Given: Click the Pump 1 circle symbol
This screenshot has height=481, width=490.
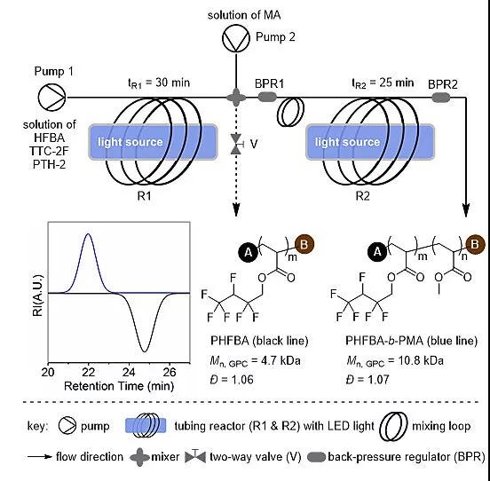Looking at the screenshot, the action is [51, 97].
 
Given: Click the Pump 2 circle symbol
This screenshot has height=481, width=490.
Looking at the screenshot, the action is [236, 38].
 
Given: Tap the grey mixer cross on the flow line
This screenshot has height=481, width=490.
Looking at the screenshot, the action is [236, 97].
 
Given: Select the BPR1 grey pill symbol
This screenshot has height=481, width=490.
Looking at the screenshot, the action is [267, 97].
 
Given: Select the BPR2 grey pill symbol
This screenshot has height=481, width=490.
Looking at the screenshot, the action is [441, 98].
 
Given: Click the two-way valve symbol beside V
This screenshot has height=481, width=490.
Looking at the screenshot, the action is [236, 144].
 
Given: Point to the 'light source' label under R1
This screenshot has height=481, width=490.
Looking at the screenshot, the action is [130, 142].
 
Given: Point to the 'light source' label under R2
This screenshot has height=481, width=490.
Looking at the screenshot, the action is [347, 142].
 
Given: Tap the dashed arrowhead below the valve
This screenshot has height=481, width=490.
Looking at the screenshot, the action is [236, 210].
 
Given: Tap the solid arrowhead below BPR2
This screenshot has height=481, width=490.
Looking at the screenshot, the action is [466, 210].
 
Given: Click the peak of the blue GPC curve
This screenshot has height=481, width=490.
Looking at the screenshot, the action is [88, 233].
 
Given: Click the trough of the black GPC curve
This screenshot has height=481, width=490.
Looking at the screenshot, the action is [144, 351].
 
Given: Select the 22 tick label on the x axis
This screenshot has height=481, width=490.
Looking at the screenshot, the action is [89, 372].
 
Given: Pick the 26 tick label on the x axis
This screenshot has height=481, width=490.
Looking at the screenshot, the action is [170, 372].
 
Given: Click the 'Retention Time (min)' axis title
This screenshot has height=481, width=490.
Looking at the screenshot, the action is [119, 386].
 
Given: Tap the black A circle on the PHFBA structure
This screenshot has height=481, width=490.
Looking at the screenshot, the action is [249, 252].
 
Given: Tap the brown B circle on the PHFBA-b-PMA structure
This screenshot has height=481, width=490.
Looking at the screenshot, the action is [475, 244].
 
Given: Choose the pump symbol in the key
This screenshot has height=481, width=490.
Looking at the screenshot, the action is [67, 425].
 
